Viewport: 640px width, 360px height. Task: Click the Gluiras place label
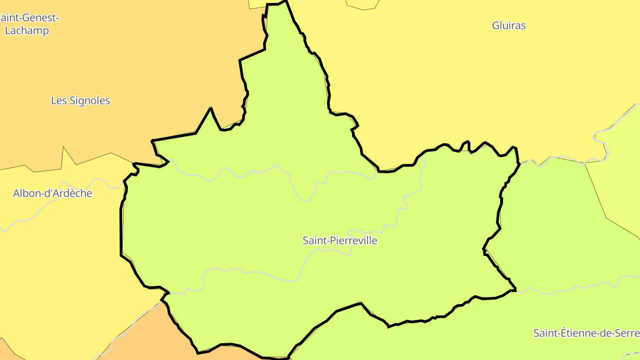[509, 26]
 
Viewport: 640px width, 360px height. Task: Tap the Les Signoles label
[80, 101]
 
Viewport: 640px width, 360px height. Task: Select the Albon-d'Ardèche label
[52, 193]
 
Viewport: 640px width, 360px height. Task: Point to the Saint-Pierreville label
[340, 241]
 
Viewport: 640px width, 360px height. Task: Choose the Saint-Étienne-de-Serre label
[586, 333]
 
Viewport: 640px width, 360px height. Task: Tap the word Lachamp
[27, 31]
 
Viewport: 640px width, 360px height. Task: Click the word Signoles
[89, 101]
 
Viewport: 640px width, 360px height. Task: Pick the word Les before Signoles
[59, 101]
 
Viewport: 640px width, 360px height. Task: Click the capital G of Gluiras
[496, 26]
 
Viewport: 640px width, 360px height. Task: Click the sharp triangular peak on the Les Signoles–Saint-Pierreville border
[211, 108]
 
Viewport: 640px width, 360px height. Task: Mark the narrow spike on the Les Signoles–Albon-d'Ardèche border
[64, 148]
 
